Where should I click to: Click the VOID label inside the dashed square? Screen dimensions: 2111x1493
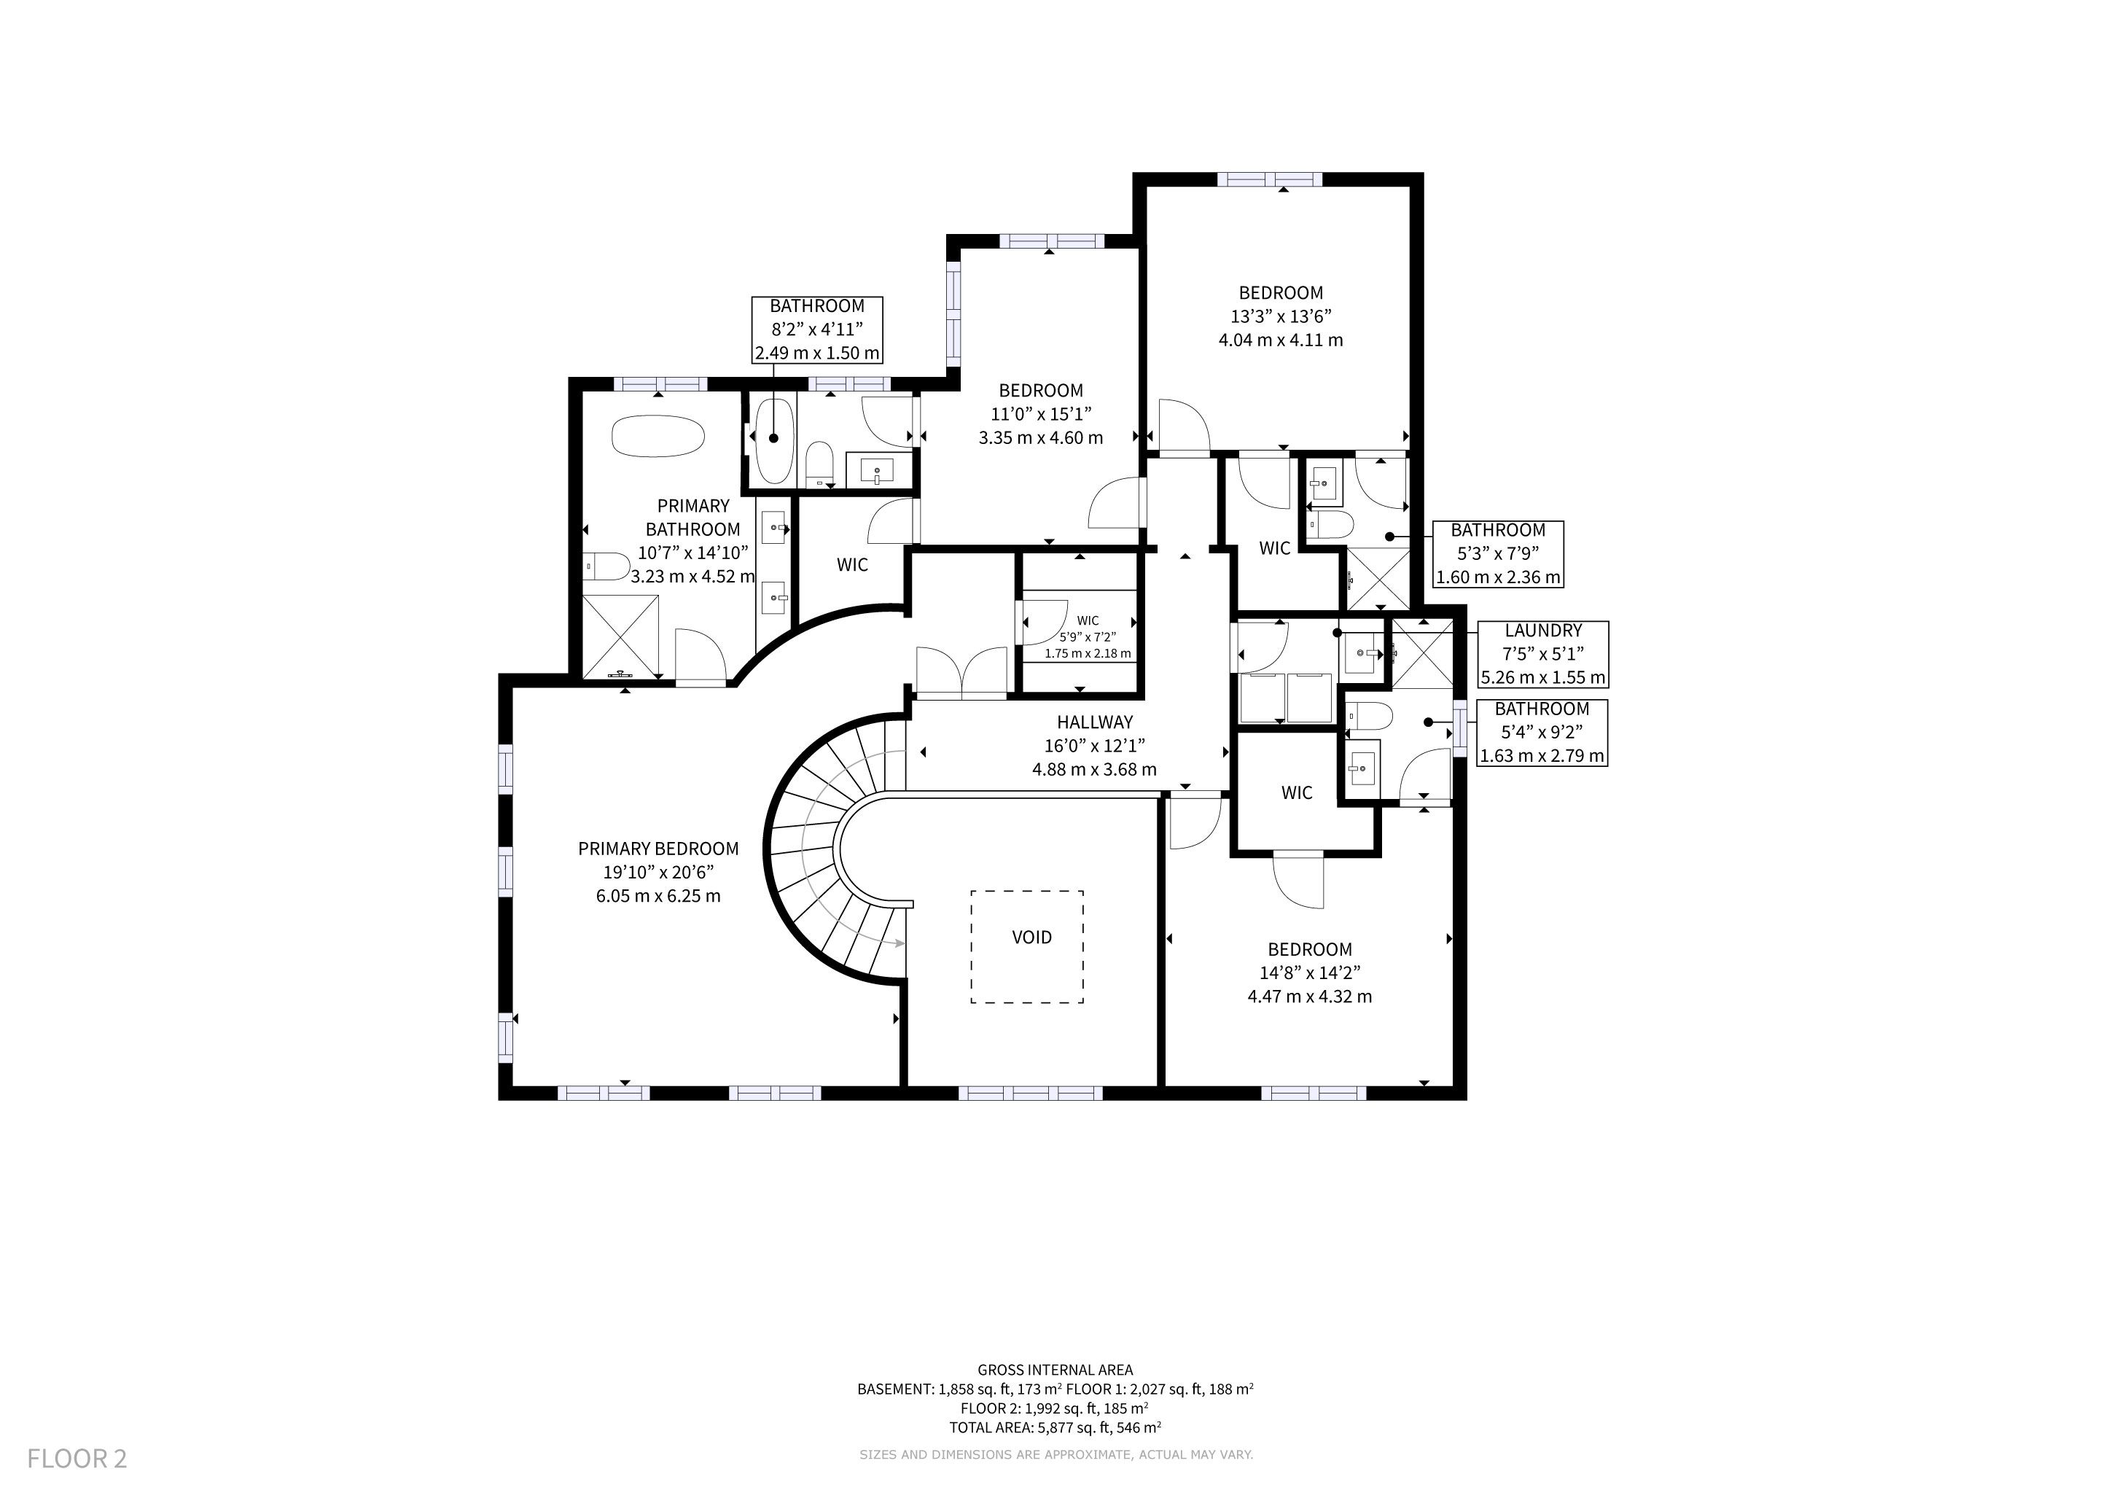[x=1031, y=937]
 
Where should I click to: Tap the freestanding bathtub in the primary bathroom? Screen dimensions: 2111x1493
[x=658, y=437]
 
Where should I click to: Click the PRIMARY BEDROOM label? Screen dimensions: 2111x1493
[x=658, y=849]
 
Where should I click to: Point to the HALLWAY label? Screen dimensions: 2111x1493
[x=1094, y=722]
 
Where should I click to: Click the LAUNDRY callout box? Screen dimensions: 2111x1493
[x=1543, y=655]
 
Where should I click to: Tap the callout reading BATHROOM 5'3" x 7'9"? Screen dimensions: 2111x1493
[x=1498, y=554]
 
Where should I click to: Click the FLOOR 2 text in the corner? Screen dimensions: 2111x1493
[x=77, y=1458]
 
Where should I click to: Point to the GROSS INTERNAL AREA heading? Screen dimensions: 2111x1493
[x=1055, y=1370]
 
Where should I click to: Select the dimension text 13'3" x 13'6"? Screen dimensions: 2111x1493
[x=1281, y=316]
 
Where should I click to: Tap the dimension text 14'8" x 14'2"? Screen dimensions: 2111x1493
[x=1309, y=972]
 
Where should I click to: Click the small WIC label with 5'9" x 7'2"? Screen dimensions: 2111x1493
[x=1088, y=637]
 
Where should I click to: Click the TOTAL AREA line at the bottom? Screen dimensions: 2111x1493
[x=1055, y=1427]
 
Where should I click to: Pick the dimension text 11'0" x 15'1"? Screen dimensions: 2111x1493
[x=1041, y=413]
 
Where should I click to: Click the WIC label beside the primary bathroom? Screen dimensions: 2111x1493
[x=852, y=564]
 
